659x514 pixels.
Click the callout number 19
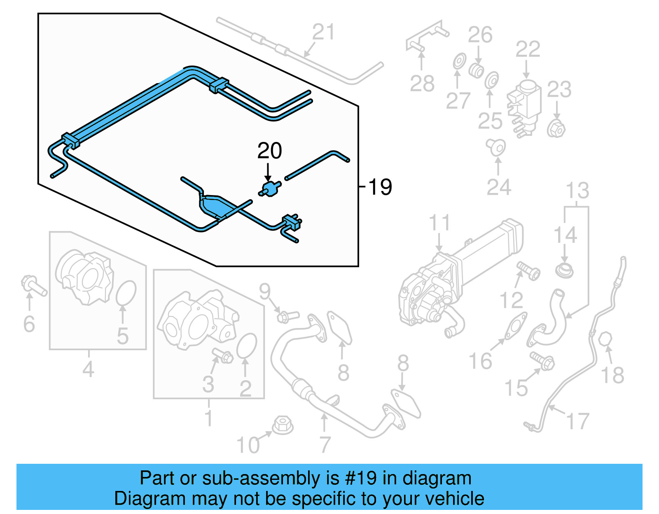[380, 187]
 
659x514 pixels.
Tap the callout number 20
[269, 151]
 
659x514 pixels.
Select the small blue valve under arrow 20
[270, 189]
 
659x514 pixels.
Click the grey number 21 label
[323, 32]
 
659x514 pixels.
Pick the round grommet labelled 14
[564, 270]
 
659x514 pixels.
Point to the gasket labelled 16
[516, 327]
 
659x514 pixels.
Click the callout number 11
[439, 223]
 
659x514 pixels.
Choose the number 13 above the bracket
[577, 191]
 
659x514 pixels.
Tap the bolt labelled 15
[542, 361]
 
